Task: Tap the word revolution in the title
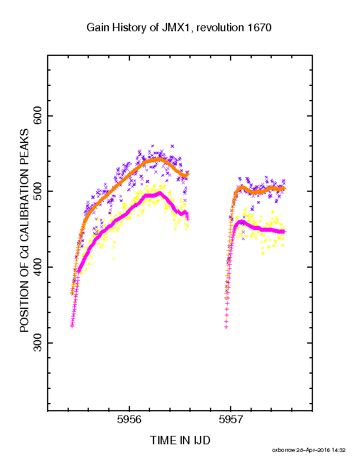pos(220,28)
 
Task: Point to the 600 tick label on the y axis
pos(38,115)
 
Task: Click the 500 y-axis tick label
pos(38,191)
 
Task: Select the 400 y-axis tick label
pos(38,267)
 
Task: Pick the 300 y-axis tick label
pos(38,342)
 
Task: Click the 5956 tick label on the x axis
pos(129,420)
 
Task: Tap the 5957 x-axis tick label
pos(231,420)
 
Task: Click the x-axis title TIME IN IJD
pos(180,440)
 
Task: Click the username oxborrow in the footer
pos(284,450)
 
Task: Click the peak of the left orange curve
pos(159,159)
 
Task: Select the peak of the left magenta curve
pos(160,193)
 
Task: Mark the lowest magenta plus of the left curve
pos(72,326)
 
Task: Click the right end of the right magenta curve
pos(284,232)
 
